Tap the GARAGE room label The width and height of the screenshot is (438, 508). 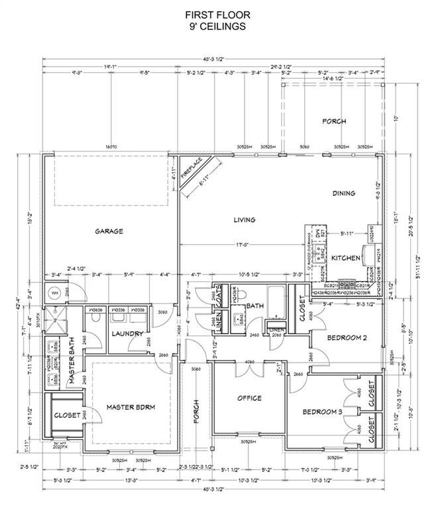[x=109, y=231]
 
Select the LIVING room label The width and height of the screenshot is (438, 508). [x=243, y=220]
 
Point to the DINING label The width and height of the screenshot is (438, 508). [x=344, y=193]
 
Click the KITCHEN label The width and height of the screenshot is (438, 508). [x=345, y=257]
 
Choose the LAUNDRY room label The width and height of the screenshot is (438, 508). [x=127, y=333]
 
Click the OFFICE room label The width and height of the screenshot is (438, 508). [x=250, y=398]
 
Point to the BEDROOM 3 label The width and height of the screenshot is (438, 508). [x=322, y=412]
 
